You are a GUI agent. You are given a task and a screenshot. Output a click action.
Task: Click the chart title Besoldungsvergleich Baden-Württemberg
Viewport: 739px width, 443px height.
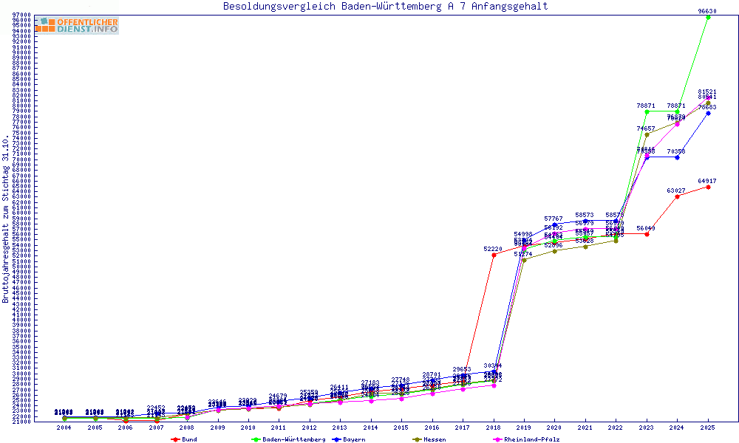coord(385,7)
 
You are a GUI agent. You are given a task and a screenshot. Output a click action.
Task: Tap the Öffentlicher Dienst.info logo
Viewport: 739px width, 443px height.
coord(76,26)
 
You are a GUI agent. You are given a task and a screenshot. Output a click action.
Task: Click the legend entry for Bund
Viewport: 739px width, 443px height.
coord(185,439)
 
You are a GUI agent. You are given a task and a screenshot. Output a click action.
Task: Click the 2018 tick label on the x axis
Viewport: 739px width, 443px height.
coord(494,427)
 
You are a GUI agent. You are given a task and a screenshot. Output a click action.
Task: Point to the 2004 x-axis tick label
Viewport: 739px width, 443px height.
coord(64,427)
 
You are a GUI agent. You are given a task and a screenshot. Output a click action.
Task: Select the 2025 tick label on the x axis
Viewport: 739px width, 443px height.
coord(708,427)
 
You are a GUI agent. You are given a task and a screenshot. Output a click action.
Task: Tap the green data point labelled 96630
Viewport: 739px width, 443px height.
coord(708,17)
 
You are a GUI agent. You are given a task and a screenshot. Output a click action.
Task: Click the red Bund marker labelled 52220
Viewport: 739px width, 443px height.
coord(494,255)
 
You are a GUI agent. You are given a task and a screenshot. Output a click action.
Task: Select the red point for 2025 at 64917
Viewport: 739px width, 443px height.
coord(708,187)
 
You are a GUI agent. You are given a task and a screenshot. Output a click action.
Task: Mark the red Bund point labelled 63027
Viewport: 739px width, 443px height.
coord(677,196)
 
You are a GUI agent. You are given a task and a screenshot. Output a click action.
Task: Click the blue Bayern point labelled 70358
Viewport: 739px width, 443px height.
coord(677,157)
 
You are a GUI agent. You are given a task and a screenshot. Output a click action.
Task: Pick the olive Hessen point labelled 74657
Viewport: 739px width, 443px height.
coord(647,134)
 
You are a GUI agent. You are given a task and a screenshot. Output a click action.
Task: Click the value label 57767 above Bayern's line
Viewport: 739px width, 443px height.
coord(554,219)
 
